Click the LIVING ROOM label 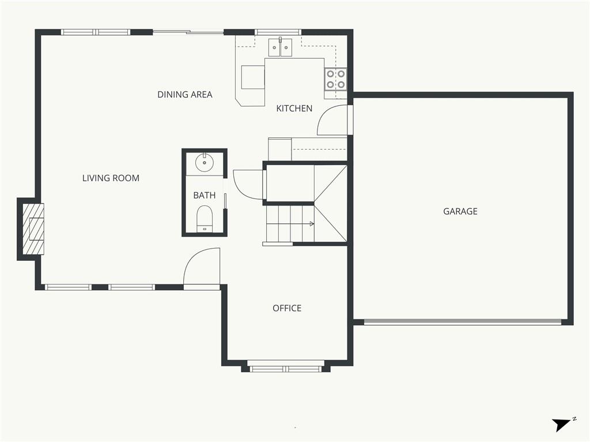(111, 178)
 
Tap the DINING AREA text (185, 95)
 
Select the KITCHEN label (294, 109)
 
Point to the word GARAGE (460, 212)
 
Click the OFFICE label (287, 308)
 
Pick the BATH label (205, 196)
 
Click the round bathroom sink (205, 162)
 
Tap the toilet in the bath (205, 219)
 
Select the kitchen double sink (281, 47)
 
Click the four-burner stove (336, 79)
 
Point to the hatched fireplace (33, 229)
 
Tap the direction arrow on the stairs (312, 224)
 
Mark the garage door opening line (463, 322)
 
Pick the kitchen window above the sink (278, 32)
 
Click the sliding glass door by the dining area (188, 32)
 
